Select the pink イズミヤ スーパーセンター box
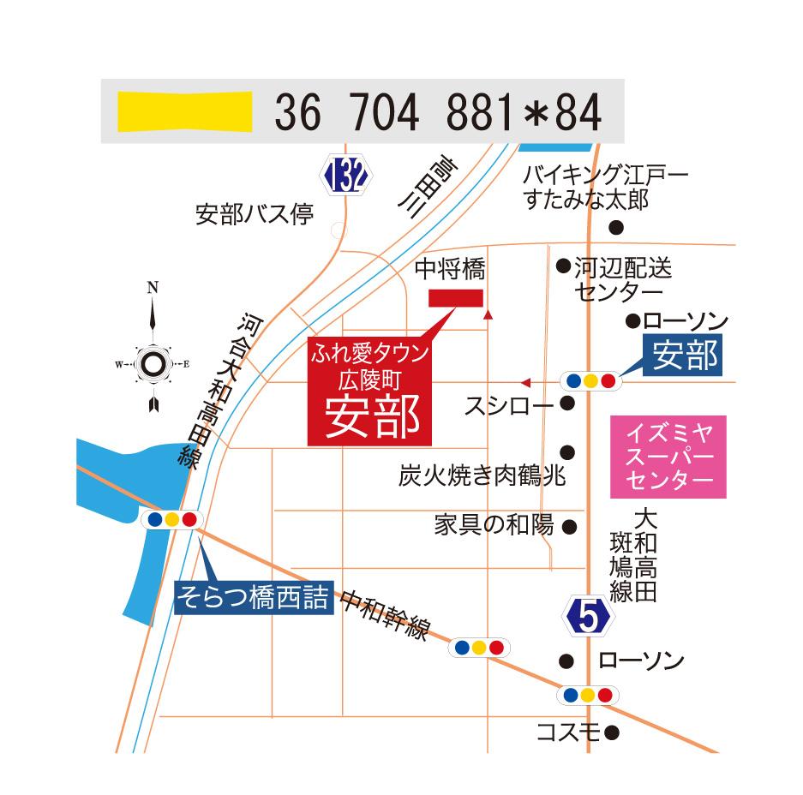click(668, 457)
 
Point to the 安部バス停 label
click(255, 214)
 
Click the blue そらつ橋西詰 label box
click(254, 598)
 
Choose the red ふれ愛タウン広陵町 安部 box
click(370, 391)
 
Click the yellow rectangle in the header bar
click(184, 111)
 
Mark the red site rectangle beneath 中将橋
click(456, 297)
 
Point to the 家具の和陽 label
click(494, 524)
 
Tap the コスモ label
click(567, 732)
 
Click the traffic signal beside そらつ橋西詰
click(172, 519)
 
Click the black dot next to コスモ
click(612, 732)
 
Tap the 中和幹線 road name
click(384, 615)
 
